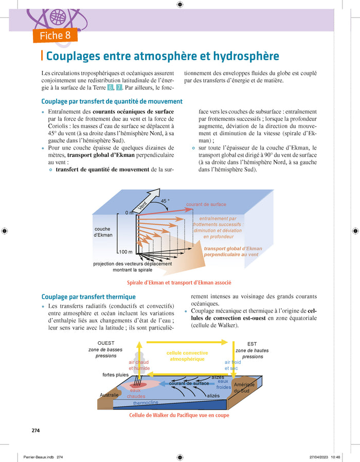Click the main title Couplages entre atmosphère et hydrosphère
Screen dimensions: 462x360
163,56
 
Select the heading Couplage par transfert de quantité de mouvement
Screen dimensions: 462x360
112,102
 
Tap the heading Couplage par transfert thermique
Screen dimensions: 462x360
88,297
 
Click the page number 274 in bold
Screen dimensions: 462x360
36,430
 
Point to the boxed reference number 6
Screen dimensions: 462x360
110,87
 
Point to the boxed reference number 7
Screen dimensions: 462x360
119,87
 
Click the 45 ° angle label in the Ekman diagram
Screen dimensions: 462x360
166,201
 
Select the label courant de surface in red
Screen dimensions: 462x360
206,205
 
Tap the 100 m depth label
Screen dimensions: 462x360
125,252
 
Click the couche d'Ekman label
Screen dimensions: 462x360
103,232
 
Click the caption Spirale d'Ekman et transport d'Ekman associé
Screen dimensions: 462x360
179,283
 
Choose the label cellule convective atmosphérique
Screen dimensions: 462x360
187,356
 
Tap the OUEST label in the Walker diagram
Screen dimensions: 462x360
105,343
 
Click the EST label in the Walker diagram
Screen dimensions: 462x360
252,344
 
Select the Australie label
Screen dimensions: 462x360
109,395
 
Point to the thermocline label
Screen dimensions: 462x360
146,403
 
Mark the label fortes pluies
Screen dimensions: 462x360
115,375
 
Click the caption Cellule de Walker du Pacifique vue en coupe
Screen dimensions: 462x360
179,415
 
